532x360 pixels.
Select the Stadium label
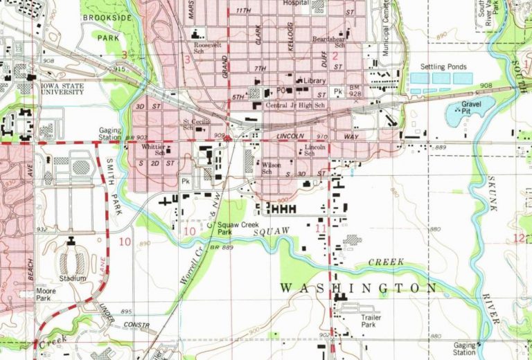tap(72, 278)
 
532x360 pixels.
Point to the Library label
tap(314, 81)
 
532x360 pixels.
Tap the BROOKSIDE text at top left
tap(108, 18)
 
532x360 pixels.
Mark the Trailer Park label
tap(371, 321)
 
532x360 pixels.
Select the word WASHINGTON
tap(358, 287)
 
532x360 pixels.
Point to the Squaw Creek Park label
tap(233, 229)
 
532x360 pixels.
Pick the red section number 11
tap(319, 227)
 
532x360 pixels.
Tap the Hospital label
tap(296, 3)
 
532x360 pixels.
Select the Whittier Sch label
tap(153, 150)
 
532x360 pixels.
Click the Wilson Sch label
tap(271, 168)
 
